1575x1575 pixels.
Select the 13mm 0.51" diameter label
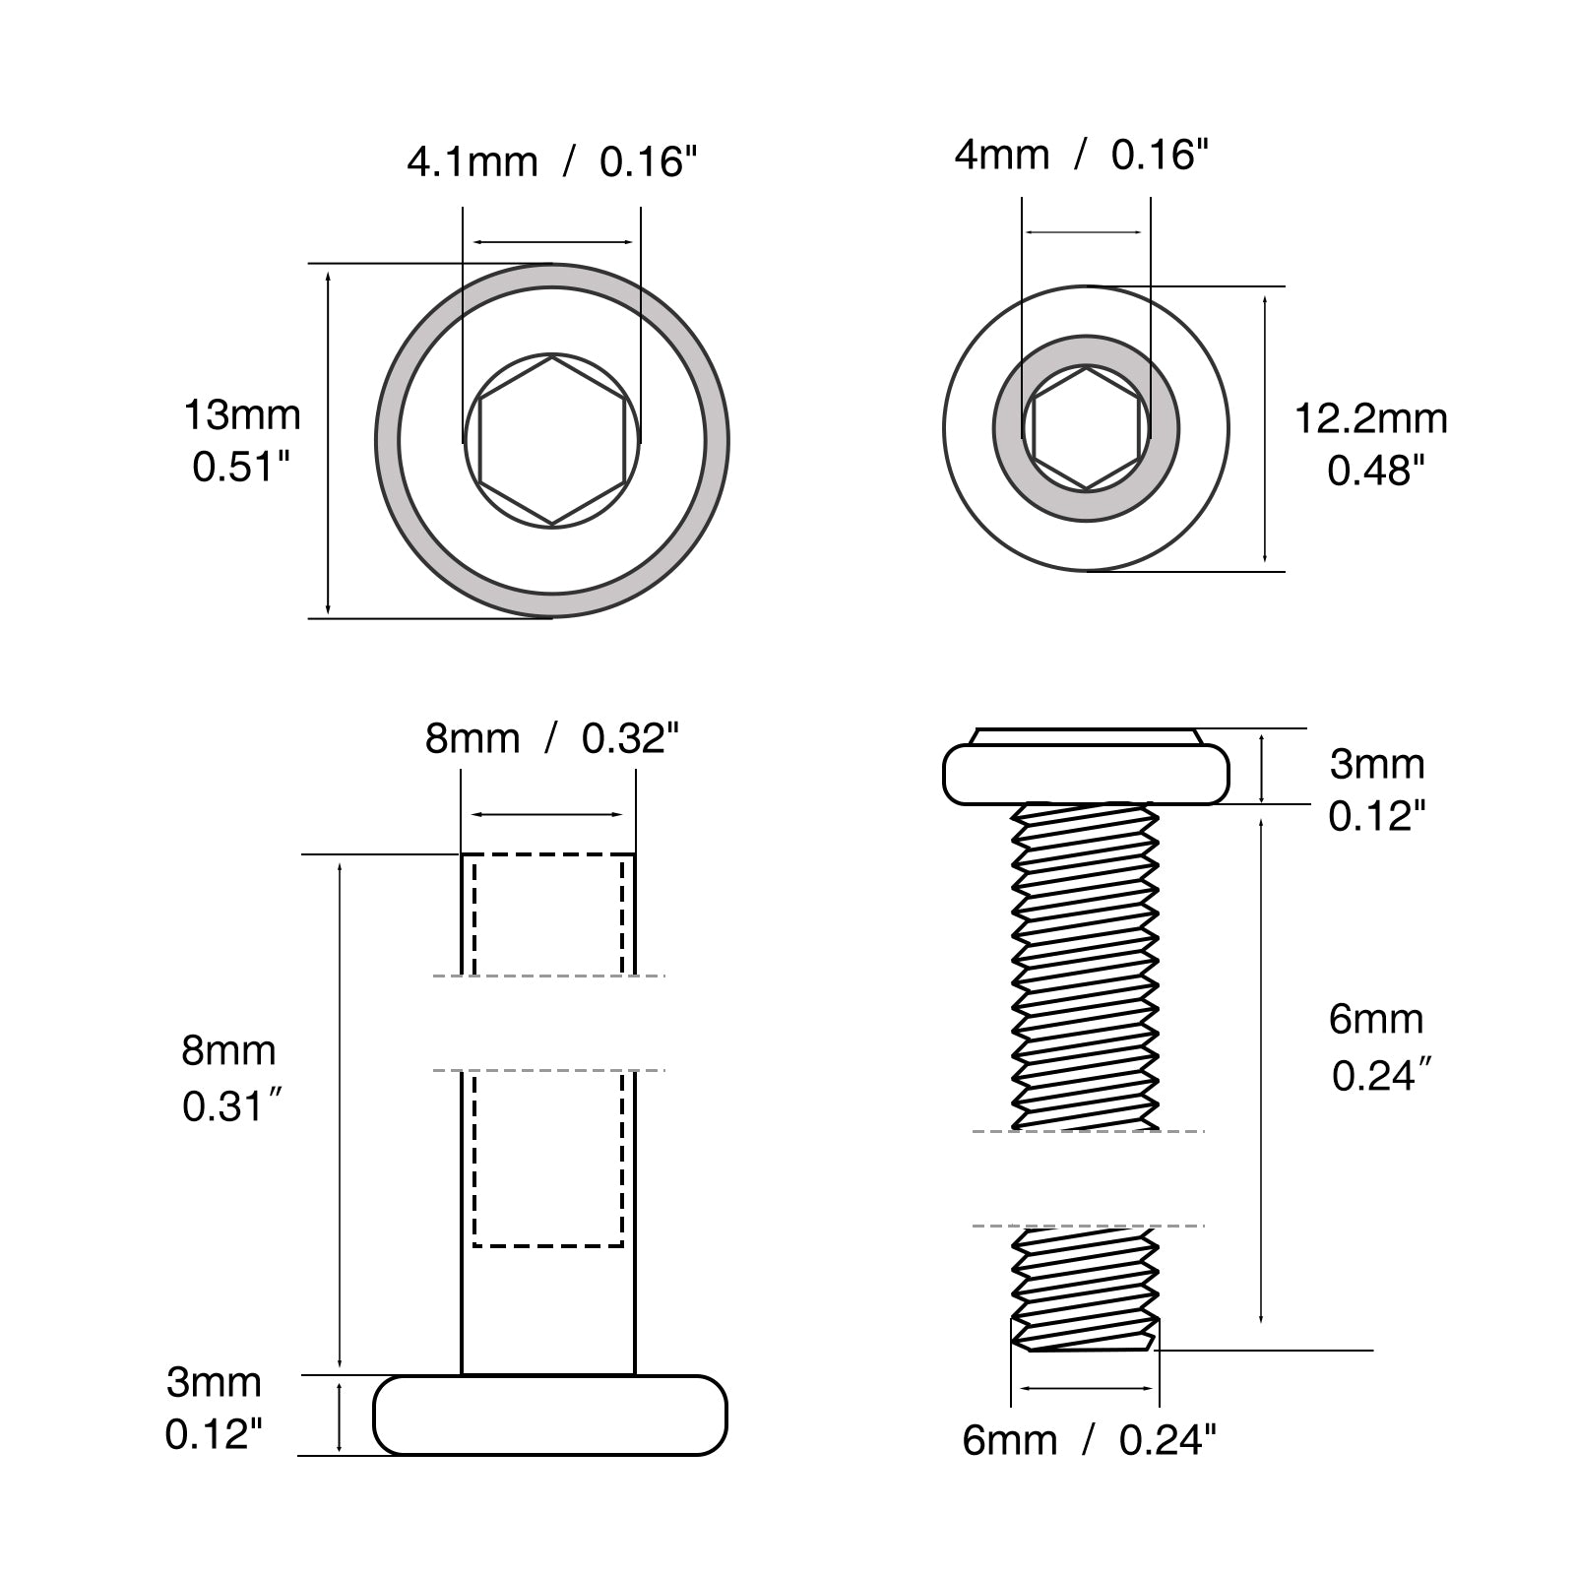coord(242,440)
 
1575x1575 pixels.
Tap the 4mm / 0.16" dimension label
coord(1081,155)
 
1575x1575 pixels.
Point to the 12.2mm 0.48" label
coord(1370,445)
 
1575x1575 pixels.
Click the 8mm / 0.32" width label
coord(552,738)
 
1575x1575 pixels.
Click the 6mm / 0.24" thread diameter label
coord(1089,1441)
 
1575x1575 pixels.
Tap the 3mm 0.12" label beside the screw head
coord(1377,789)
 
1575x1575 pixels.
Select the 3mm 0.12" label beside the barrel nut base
coord(214,1409)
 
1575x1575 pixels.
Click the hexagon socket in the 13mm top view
coord(552,440)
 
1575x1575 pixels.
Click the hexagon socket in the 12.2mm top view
coord(1086,428)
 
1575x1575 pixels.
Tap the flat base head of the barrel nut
coord(550,1415)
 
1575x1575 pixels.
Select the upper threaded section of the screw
coord(1086,966)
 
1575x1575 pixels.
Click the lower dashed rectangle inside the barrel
coord(548,1160)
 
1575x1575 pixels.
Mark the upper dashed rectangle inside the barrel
coord(548,915)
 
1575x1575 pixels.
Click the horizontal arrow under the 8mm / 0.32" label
coord(548,815)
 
